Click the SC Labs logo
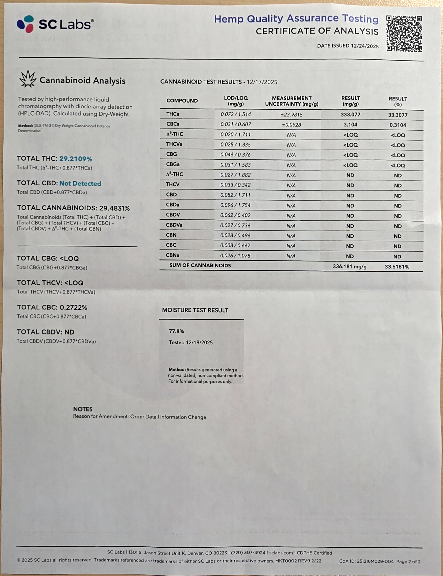tap(55, 24)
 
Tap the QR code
tap(404, 33)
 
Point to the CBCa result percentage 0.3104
tap(398, 125)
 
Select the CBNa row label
tap(173, 255)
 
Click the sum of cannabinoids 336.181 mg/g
tap(350, 266)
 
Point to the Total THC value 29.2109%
tap(76, 159)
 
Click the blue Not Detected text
tap(80, 183)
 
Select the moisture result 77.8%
tap(176, 331)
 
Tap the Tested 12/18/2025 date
tap(191, 342)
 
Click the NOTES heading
tap(83, 409)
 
